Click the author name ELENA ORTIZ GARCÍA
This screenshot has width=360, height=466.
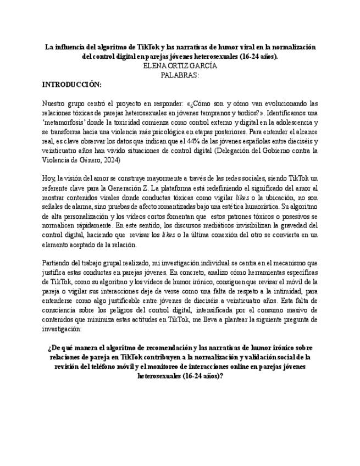click(x=180, y=65)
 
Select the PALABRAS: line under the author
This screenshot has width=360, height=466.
click(x=180, y=75)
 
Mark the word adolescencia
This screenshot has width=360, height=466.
click(x=288, y=122)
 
